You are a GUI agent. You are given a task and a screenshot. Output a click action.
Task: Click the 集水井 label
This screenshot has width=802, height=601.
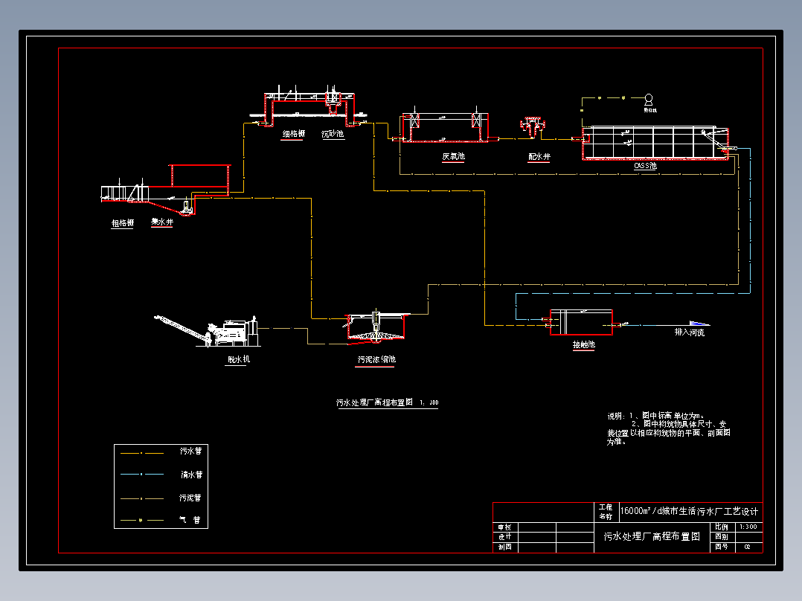(x=161, y=222)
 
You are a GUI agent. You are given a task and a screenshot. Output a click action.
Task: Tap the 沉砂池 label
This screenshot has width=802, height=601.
(x=333, y=135)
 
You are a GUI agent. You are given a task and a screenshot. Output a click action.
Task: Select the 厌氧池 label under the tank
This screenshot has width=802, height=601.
(x=453, y=157)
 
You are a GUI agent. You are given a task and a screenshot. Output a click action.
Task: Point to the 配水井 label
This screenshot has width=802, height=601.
(x=539, y=157)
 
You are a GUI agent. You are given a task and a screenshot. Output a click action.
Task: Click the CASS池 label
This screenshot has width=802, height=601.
(x=645, y=166)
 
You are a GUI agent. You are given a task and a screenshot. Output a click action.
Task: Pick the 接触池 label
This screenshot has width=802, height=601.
(x=583, y=345)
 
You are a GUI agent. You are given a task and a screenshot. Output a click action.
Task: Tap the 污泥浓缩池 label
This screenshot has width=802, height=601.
(x=376, y=360)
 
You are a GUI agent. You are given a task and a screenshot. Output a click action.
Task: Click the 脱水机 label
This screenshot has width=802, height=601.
(x=239, y=360)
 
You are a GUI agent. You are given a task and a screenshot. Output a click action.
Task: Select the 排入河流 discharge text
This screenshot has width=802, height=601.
(x=689, y=332)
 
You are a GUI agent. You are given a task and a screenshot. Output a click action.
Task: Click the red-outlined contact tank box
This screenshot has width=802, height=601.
(x=581, y=323)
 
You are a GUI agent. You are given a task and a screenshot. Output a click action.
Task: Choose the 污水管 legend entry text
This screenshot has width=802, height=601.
(x=191, y=451)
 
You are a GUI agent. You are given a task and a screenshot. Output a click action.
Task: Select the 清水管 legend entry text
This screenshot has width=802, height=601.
(x=191, y=474)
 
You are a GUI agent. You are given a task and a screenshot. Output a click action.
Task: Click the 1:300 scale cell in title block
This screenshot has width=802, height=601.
(x=748, y=527)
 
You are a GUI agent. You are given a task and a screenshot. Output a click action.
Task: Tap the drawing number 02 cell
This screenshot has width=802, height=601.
(x=748, y=547)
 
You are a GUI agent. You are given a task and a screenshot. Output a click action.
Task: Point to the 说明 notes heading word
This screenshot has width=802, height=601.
(x=616, y=416)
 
